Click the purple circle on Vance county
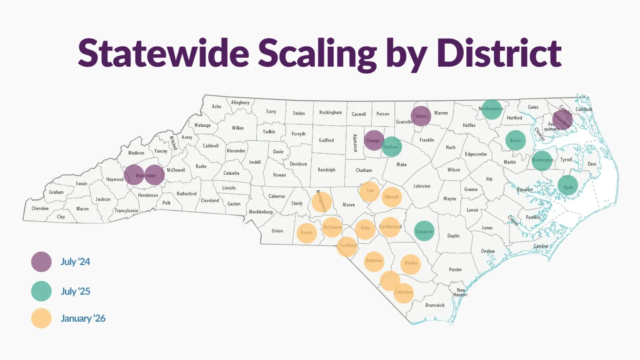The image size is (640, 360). click(x=421, y=116)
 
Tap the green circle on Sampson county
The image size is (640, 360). click(x=424, y=231)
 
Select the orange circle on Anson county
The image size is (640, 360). click(x=307, y=232)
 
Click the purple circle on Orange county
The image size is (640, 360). click(x=374, y=140)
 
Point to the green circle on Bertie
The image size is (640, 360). click(x=515, y=140)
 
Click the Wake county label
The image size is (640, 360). click(x=402, y=165)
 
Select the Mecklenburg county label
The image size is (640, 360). click(x=261, y=212)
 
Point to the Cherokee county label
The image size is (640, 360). click(x=40, y=208)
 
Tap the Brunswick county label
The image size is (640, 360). click(x=435, y=305)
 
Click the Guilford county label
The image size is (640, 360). click(x=326, y=140)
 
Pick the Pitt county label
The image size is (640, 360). click(x=489, y=180)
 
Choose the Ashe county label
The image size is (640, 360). click(x=217, y=107)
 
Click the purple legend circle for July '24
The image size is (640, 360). click(x=41, y=262)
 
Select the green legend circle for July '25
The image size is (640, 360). click(x=41, y=291)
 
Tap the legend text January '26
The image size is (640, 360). click(x=83, y=319)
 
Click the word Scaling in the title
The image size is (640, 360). click(x=317, y=54)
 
